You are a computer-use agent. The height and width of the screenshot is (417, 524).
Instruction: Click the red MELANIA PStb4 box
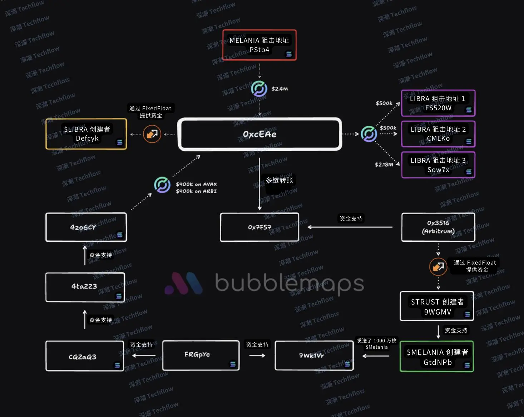[259, 45]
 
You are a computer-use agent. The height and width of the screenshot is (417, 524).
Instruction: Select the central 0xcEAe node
[259, 134]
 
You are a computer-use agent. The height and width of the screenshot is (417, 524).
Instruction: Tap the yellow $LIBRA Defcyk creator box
[86, 134]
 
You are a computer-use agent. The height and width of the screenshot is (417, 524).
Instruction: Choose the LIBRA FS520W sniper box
[438, 103]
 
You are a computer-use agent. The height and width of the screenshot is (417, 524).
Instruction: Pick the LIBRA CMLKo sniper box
[438, 134]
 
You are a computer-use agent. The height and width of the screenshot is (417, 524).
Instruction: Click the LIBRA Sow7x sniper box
[438, 165]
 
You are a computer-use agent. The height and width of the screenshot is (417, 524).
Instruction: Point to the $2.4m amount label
[280, 89]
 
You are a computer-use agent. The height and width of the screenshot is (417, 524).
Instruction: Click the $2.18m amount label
[384, 165]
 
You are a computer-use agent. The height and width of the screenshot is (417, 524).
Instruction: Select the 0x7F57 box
[259, 227]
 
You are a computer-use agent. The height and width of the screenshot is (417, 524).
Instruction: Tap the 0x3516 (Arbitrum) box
[438, 227]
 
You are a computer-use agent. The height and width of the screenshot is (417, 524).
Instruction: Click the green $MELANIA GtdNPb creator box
[437, 357]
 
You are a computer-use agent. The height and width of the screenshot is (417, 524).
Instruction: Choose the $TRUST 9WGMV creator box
[437, 306]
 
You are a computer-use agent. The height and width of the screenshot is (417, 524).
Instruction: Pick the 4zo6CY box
[86, 227]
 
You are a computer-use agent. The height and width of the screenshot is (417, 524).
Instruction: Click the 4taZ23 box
[85, 287]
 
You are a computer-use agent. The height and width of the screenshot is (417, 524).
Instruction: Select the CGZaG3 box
[84, 356]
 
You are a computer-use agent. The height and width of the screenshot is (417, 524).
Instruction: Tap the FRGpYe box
[201, 355]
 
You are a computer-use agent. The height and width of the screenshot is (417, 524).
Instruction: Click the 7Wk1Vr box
[314, 356]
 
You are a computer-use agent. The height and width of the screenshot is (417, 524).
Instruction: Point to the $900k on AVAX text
[196, 184]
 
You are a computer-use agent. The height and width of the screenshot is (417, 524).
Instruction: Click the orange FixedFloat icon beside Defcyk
[152, 134]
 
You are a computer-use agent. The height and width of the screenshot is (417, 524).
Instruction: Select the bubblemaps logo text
[290, 283]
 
